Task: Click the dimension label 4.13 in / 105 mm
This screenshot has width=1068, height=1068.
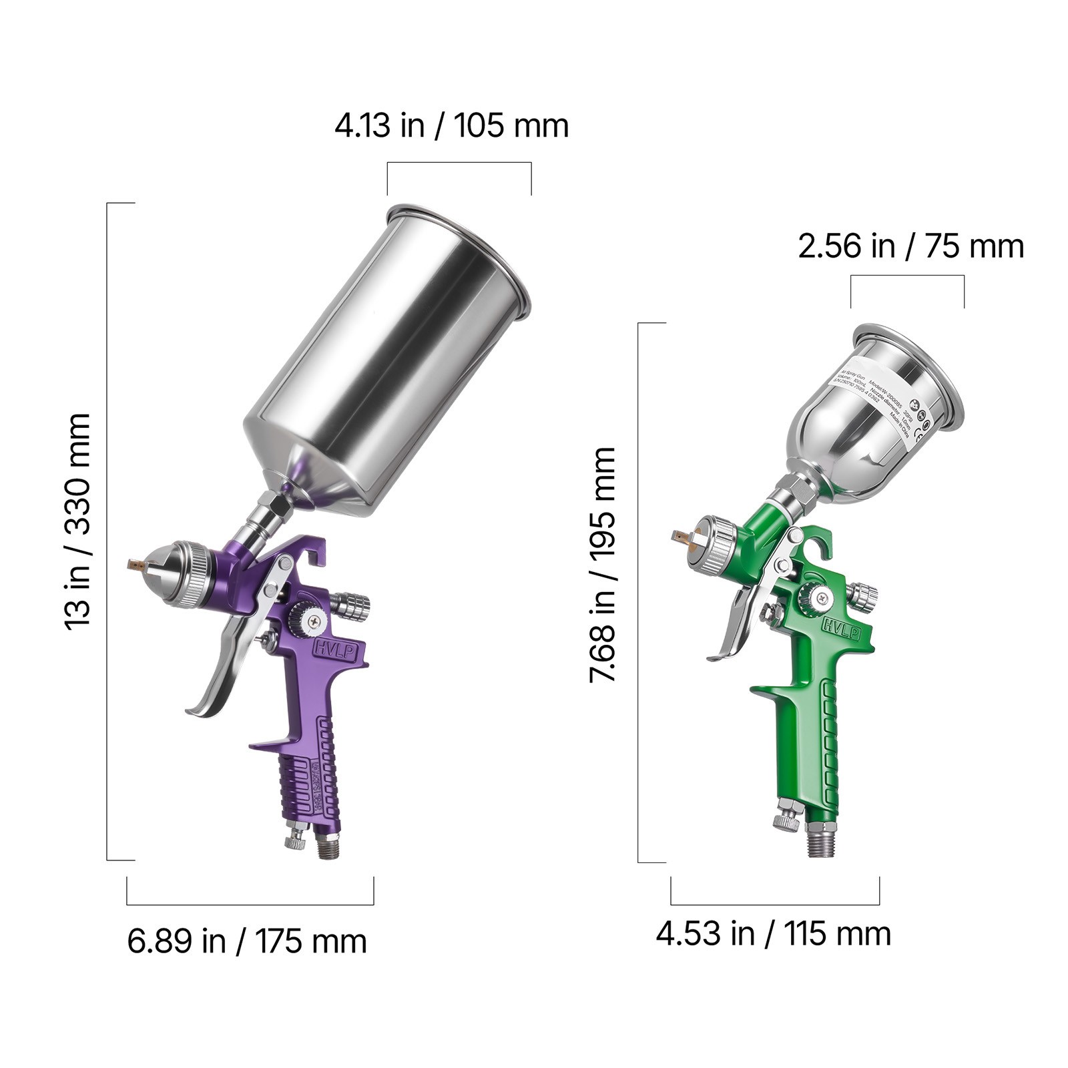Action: [451, 125]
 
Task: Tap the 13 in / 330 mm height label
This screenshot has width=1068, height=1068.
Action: [78, 521]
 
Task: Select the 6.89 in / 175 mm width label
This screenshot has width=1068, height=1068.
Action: [247, 942]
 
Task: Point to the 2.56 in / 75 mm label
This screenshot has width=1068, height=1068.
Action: [910, 246]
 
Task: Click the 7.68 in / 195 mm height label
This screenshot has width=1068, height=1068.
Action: [602, 565]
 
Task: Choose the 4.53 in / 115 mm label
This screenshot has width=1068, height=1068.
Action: [773, 933]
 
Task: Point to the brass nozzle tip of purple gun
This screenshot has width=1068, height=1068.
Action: [136, 565]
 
